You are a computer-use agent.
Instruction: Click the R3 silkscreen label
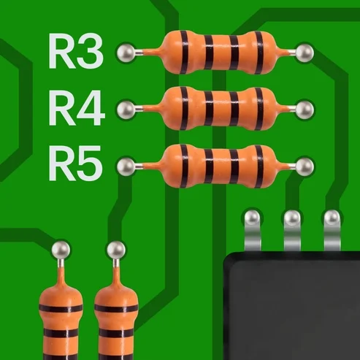(x=76, y=51)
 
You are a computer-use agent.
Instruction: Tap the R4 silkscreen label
(x=77, y=108)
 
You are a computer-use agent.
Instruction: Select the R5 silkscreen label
(x=75, y=163)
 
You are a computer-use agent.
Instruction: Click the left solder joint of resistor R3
(x=126, y=53)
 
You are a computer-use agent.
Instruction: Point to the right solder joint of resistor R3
(x=305, y=53)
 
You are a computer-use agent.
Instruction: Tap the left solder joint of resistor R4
(x=126, y=109)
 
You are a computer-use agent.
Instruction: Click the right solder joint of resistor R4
(x=305, y=109)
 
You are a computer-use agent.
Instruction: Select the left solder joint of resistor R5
(x=126, y=166)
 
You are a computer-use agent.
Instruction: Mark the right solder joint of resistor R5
(x=305, y=166)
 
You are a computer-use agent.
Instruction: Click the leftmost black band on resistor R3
(x=184, y=52)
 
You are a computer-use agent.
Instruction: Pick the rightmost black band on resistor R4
(x=259, y=109)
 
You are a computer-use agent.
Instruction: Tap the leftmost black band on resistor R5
(x=184, y=166)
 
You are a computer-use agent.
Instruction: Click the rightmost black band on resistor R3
(x=259, y=52)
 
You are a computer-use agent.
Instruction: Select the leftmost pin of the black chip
(x=253, y=230)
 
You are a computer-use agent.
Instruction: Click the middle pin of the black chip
(x=292, y=230)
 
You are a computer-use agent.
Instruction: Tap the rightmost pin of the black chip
(x=332, y=230)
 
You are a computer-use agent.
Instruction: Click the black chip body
(x=291, y=306)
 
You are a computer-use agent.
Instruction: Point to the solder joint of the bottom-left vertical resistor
(x=61, y=250)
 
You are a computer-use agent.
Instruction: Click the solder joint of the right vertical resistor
(x=116, y=250)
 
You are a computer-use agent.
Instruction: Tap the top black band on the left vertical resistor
(x=61, y=308)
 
